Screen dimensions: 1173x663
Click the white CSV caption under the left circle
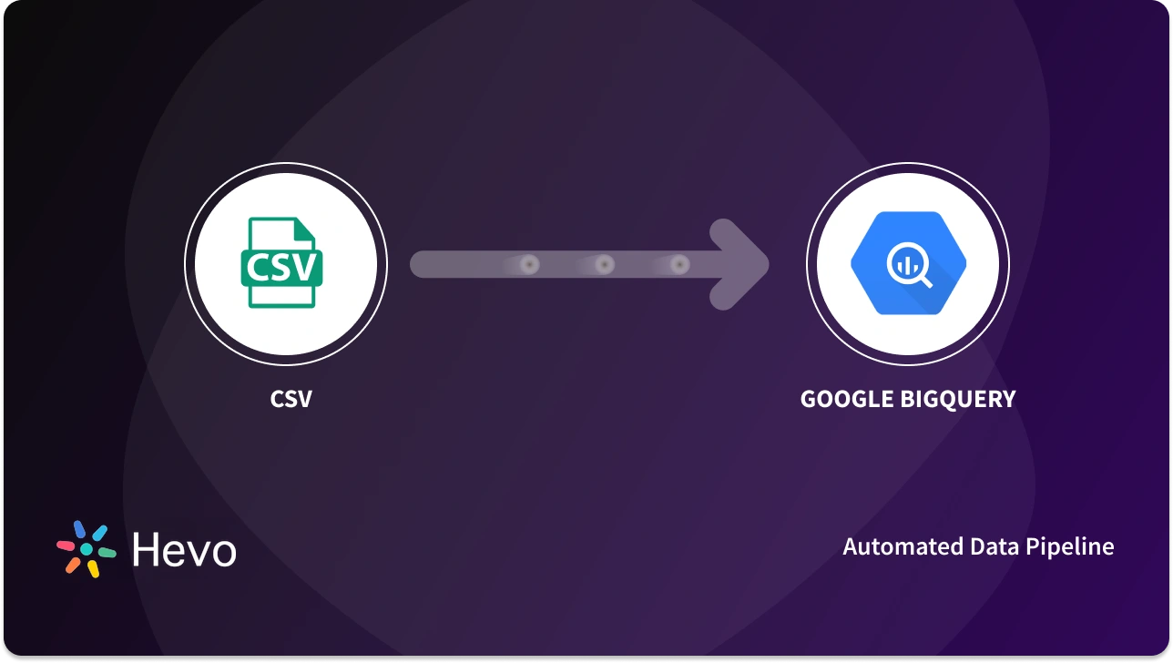pyautogui.click(x=291, y=399)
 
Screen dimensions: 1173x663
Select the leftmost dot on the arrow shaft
pyautogui.click(x=529, y=265)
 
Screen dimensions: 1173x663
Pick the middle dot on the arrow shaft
pyautogui.click(x=604, y=265)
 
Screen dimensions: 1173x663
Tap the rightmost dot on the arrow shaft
pyautogui.click(x=679, y=265)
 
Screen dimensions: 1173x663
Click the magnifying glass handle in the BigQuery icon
pyautogui.click(x=925, y=280)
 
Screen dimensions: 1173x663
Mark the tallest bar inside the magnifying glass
pyautogui.click(x=907, y=263)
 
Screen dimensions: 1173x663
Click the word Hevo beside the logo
pyautogui.click(x=184, y=550)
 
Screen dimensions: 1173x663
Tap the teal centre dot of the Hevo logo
pyautogui.click(x=87, y=550)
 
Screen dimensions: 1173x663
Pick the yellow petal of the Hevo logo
pyautogui.click(x=93, y=568)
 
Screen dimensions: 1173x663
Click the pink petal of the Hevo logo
pyautogui.click(x=66, y=546)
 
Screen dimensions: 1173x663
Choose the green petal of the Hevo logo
pyautogui.click(x=107, y=552)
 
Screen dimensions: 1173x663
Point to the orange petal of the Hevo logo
pyautogui.click(x=73, y=565)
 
